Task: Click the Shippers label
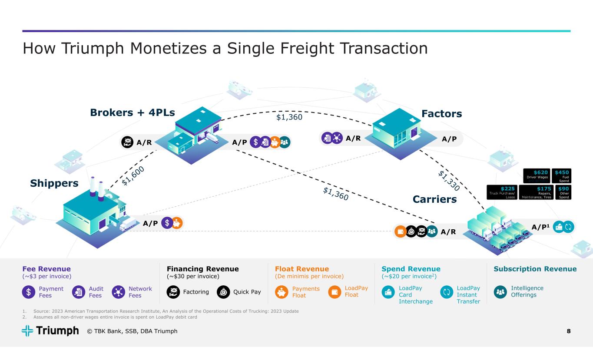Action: pos(54,183)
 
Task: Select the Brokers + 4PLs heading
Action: pos(132,113)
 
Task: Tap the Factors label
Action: pos(441,114)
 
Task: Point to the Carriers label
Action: pos(434,199)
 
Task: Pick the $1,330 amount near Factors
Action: pos(449,180)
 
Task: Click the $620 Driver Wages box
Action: pos(537,176)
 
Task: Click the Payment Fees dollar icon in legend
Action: pos(28,292)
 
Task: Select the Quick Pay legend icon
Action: pos(223,292)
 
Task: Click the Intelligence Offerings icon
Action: pos(500,292)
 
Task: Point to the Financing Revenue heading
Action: pos(202,269)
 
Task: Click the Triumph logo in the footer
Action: pos(50,331)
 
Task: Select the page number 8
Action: pos(569,331)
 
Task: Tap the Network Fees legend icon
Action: pos(118,292)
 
